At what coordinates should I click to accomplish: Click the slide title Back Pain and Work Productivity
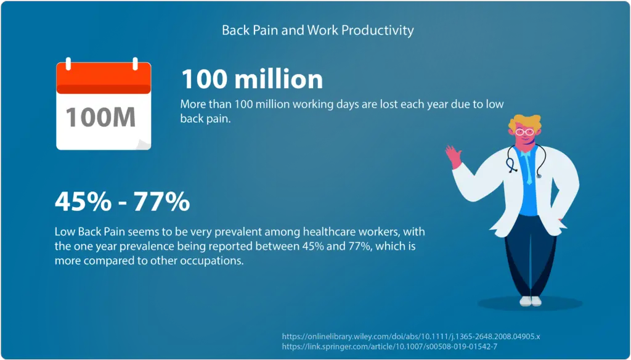coord(317,30)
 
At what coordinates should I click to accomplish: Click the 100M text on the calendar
coord(100,117)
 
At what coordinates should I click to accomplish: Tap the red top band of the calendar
coord(104,78)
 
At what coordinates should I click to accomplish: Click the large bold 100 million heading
coord(252,79)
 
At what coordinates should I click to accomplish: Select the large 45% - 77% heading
coord(123,202)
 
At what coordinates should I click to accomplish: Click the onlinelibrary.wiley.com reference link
coord(411,337)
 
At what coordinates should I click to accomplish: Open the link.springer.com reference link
coord(389,346)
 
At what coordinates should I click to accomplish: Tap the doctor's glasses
coord(524,132)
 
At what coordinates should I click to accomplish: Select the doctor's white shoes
coord(531,301)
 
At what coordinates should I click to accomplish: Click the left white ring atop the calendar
coord(68,63)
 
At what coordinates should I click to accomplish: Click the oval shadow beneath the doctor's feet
coord(530,304)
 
